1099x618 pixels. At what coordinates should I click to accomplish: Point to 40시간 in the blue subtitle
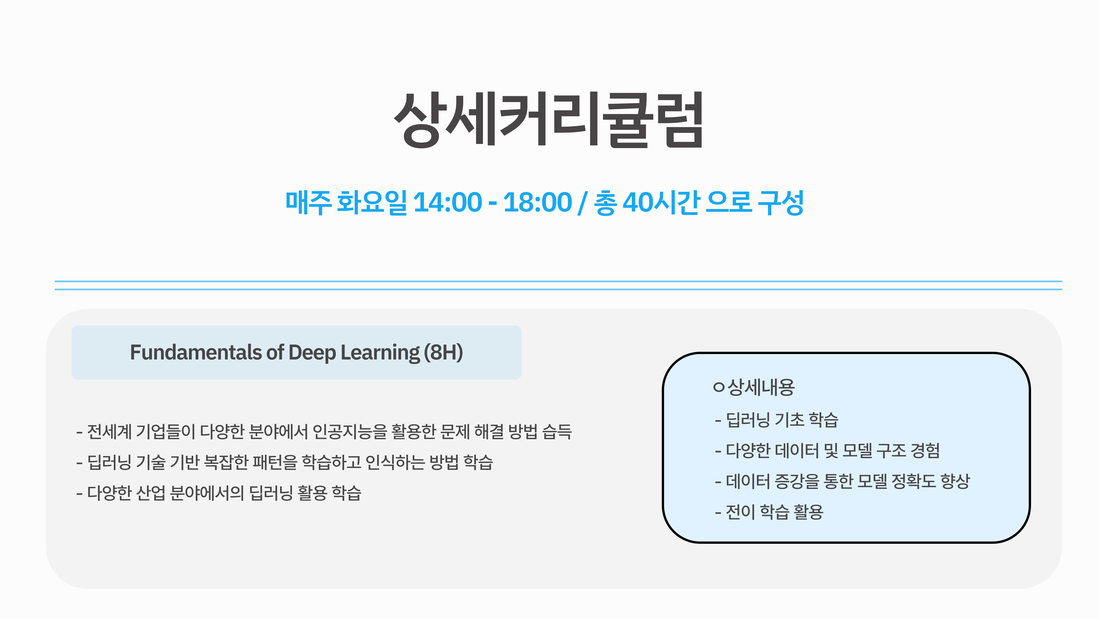(661, 203)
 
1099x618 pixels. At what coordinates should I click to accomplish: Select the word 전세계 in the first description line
(109, 432)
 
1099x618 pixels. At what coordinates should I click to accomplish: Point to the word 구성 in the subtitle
(781, 203)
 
